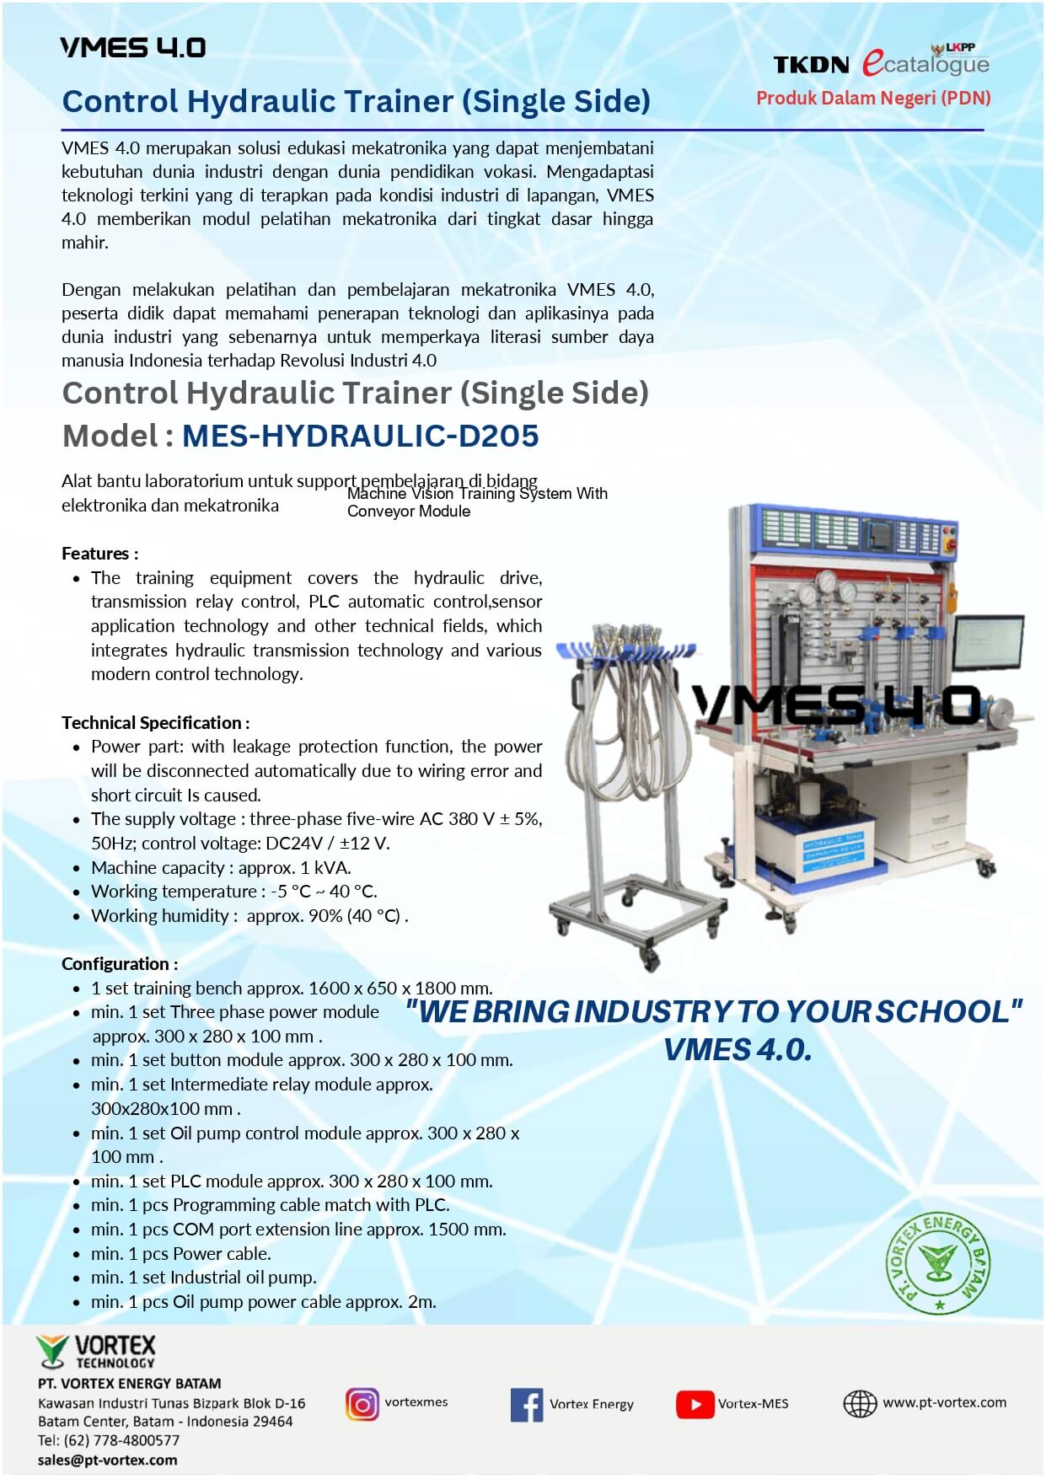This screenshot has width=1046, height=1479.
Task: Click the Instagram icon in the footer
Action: pos(362,1404)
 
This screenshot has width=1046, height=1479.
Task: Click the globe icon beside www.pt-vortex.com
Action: pos(860,1404)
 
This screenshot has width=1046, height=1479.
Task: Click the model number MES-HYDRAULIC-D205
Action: pos(360,436)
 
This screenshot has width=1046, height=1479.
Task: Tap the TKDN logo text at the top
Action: pos(811,65)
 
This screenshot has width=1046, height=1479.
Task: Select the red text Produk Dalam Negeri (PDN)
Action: pos(873,98)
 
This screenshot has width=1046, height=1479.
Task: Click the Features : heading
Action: pos(99,554)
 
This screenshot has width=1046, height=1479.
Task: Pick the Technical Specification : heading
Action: pos(155,723)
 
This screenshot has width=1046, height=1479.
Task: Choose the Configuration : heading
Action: pos(120,964)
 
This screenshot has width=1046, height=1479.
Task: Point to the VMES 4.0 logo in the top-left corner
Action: pos(132,47)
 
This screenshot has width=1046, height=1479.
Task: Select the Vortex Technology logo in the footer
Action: pos(96,1352)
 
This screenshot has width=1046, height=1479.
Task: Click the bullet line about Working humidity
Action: pos(249,916)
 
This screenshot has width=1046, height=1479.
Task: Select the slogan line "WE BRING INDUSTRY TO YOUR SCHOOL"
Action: pos(713,1012)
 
